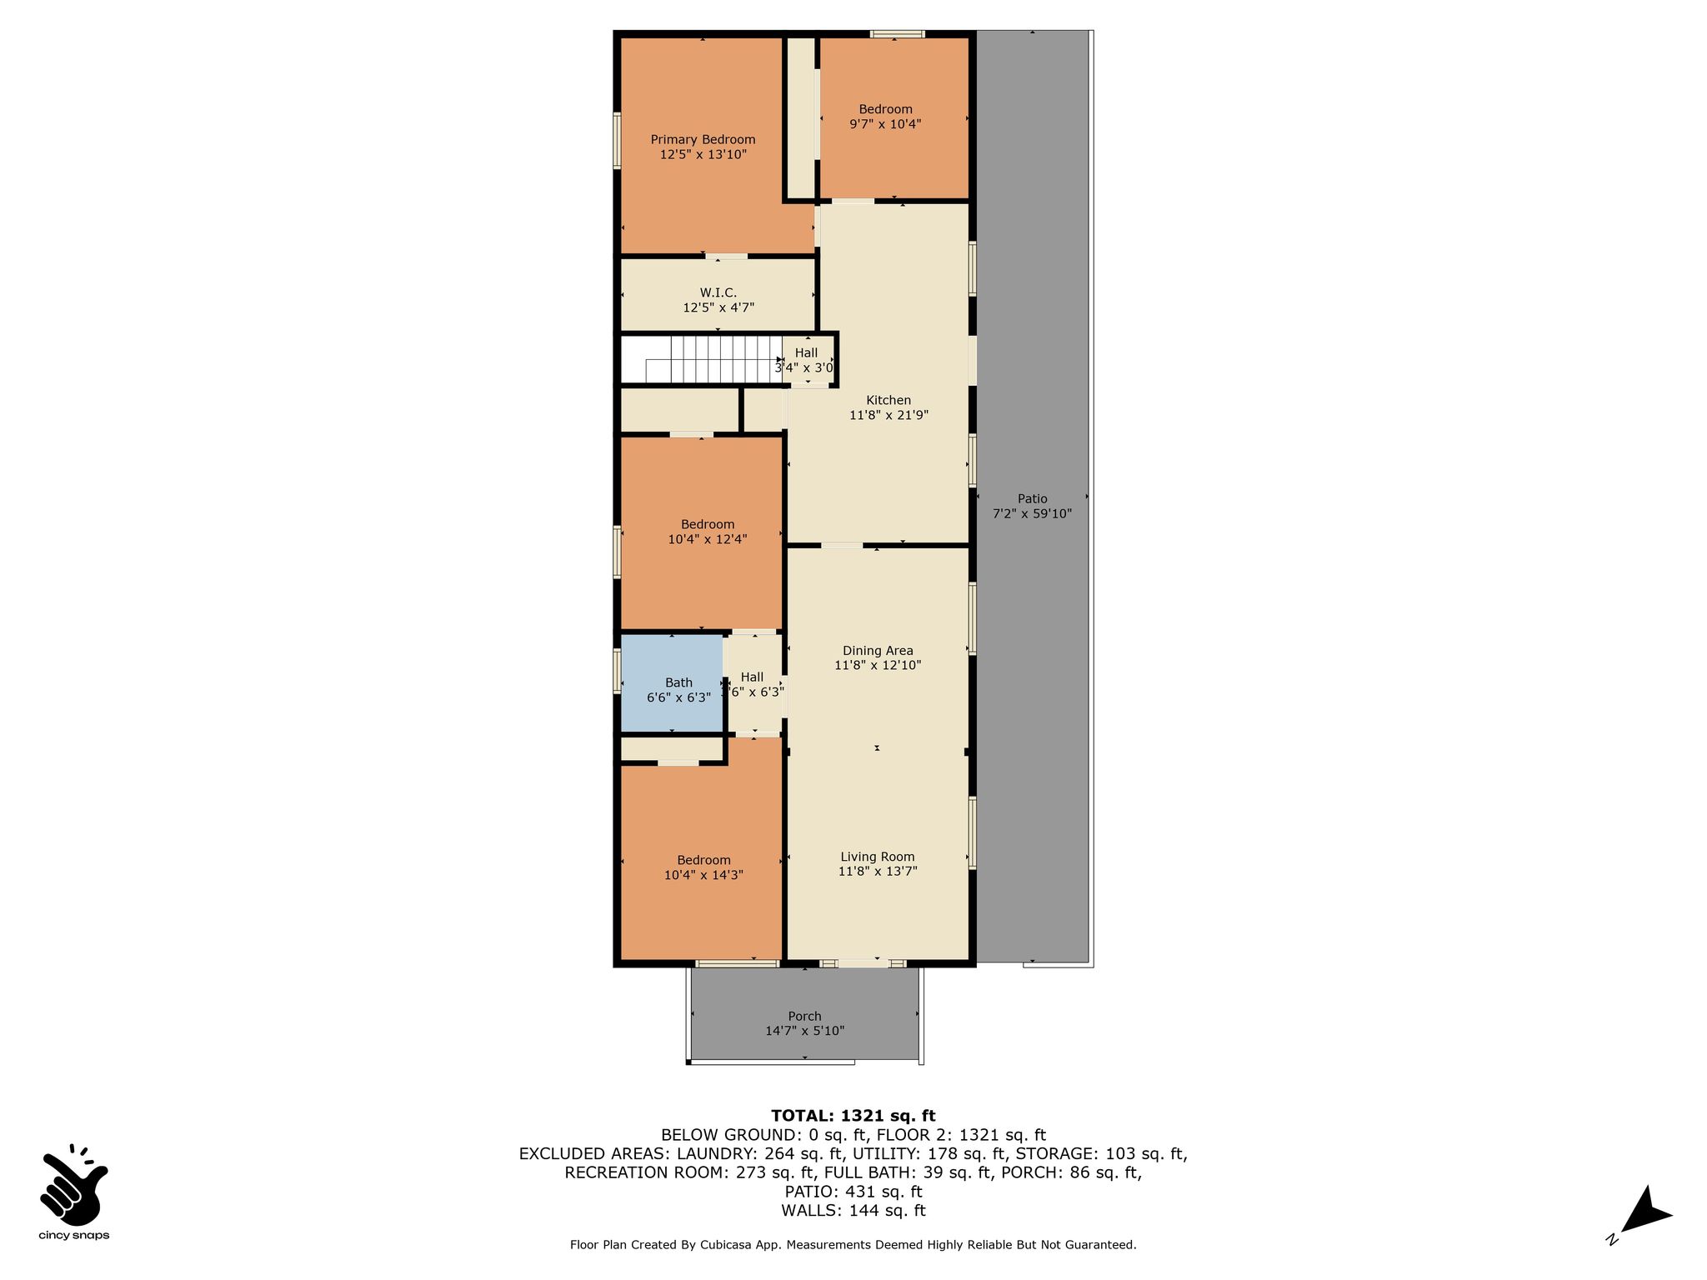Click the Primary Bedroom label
point(703,139)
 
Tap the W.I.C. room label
point(718,292)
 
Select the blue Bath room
point(672,682)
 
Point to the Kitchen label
point(889,400)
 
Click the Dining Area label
point(878,651)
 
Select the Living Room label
point(878,857)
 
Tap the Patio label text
point(1032,499)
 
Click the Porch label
point(804,1016)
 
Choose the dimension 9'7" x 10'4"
point(885,124)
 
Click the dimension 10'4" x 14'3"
point(703,875)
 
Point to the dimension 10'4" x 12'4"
point(707,539)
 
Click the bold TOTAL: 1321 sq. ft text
point(853,1116)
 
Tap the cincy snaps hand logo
point(73,1184)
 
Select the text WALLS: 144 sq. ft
point(853,1211)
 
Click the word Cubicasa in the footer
point(728,1245)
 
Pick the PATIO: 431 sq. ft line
point(853,1192)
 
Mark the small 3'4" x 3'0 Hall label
point(805,360)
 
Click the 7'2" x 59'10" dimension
point(1032,514)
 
